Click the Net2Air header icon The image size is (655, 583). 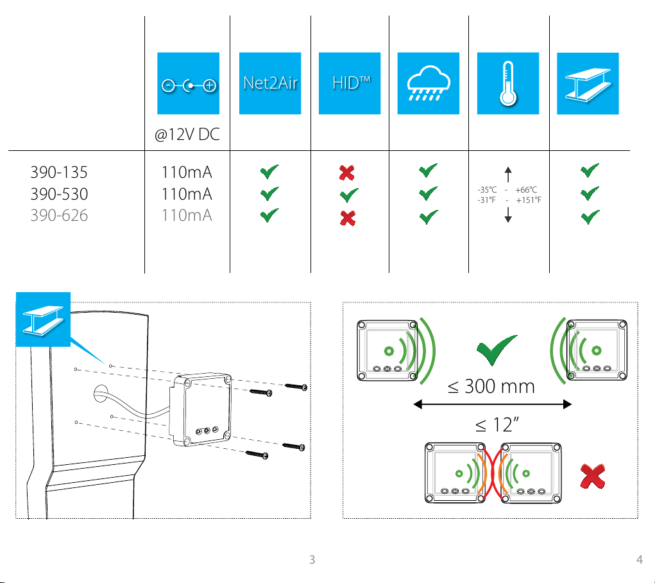270,83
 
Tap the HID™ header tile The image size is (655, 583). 350,83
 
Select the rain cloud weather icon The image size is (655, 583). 428,83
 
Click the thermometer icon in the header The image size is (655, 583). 508,83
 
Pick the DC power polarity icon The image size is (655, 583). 189,83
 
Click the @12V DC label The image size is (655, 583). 187,135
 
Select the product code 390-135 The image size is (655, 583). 59,172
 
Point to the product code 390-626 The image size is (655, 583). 59,215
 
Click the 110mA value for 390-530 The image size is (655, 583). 187,194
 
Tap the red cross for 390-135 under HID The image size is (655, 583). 346,172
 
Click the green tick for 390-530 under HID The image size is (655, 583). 349,195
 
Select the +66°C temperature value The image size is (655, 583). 526,190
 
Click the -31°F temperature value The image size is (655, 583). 487,200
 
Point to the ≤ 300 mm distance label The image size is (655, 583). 491,387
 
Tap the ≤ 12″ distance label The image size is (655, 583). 497,425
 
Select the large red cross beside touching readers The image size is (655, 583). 592,476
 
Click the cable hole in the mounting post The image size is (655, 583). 101,394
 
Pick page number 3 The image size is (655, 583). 312,560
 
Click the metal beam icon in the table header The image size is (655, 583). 588,83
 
